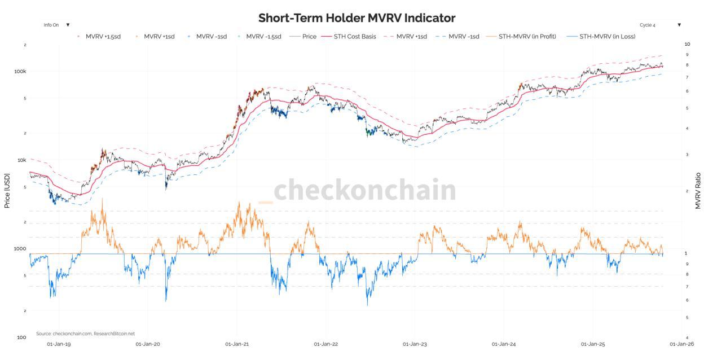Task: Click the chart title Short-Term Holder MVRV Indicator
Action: tap(357, 18)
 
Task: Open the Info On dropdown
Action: tap(56, 25)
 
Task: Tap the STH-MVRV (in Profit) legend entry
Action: tap(527, 37)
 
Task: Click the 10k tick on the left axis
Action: tap(21, 160)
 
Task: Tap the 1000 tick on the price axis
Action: tap(20, 249)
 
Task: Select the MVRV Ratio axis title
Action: tap(698, 190)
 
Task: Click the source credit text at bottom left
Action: tap(85, 333)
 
